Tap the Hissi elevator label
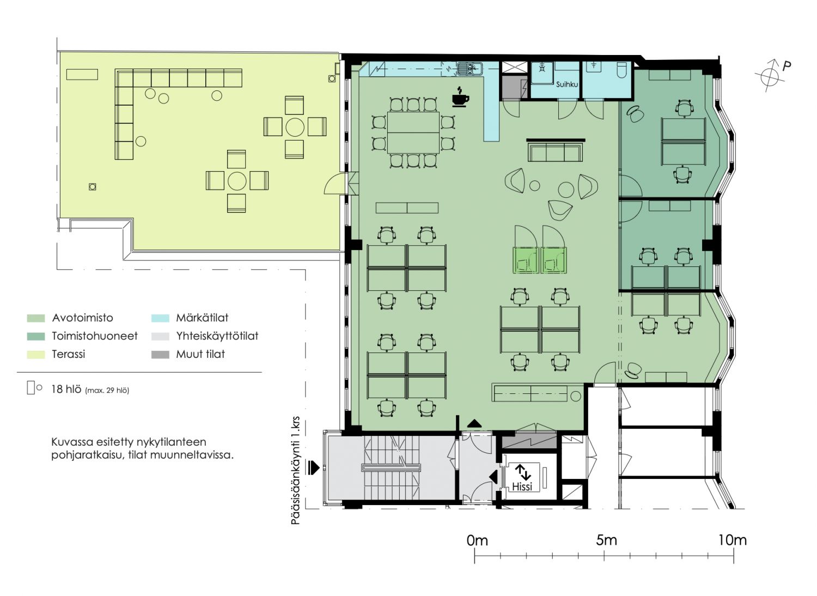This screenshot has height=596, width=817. [522, 486]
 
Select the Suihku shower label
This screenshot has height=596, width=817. [567, 84]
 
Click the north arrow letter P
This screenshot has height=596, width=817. [786, 66]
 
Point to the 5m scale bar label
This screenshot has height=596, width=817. [607, 540]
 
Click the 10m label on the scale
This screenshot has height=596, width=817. [733, 540]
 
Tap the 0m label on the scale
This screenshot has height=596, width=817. [477, 540]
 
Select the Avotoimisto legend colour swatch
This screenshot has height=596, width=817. [36, 318]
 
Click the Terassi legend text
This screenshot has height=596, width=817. [68, 354]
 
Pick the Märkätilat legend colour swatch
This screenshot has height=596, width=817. [160, 318]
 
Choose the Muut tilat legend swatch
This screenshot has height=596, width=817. [160, 355]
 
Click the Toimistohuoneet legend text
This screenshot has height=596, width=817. [95, 336]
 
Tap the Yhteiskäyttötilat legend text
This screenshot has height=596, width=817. [217, 336]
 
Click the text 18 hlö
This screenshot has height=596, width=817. [66, 389]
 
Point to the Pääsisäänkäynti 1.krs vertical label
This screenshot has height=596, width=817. [295, 471]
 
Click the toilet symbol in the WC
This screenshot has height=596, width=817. [622, 70]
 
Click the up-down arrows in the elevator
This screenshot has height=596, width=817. [523, 472]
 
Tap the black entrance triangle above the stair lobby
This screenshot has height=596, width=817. [474, 423]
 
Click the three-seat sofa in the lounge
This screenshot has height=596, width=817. [556, 152]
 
